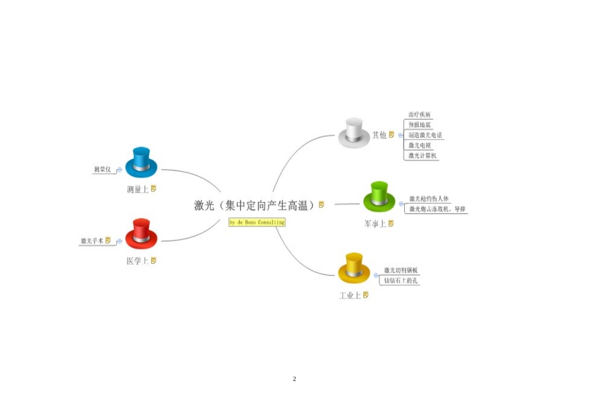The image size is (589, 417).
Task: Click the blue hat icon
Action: click(x=141, y=162)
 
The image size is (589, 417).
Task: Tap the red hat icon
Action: click(x=141, y=234)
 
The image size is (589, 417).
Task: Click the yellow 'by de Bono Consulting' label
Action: click(x=257, y=222)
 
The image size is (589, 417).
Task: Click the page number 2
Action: click(x=294, y=379)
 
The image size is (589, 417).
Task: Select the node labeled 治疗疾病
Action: click(x=420, y=115)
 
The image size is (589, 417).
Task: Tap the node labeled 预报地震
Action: click(x=420, y=125)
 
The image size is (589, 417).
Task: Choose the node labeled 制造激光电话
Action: click(x=425, y=135)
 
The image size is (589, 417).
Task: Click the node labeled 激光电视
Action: click(x=420, y=145)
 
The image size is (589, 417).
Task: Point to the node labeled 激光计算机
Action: click(x=423, y=155)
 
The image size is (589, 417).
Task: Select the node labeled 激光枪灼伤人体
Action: click(x=428, y=199)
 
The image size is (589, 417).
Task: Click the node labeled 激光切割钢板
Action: click(x=401, y=270)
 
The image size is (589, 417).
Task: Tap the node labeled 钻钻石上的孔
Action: click(x=401, y=280)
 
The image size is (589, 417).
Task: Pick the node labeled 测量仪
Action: click(x=102, y=169)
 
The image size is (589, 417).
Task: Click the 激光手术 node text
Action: click(x=92, y=241)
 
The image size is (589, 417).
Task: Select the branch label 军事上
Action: click(x=375, y=223)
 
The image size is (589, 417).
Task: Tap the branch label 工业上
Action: click(x=350, y=295)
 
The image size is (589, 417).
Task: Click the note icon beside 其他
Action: click(x=392, y=134)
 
